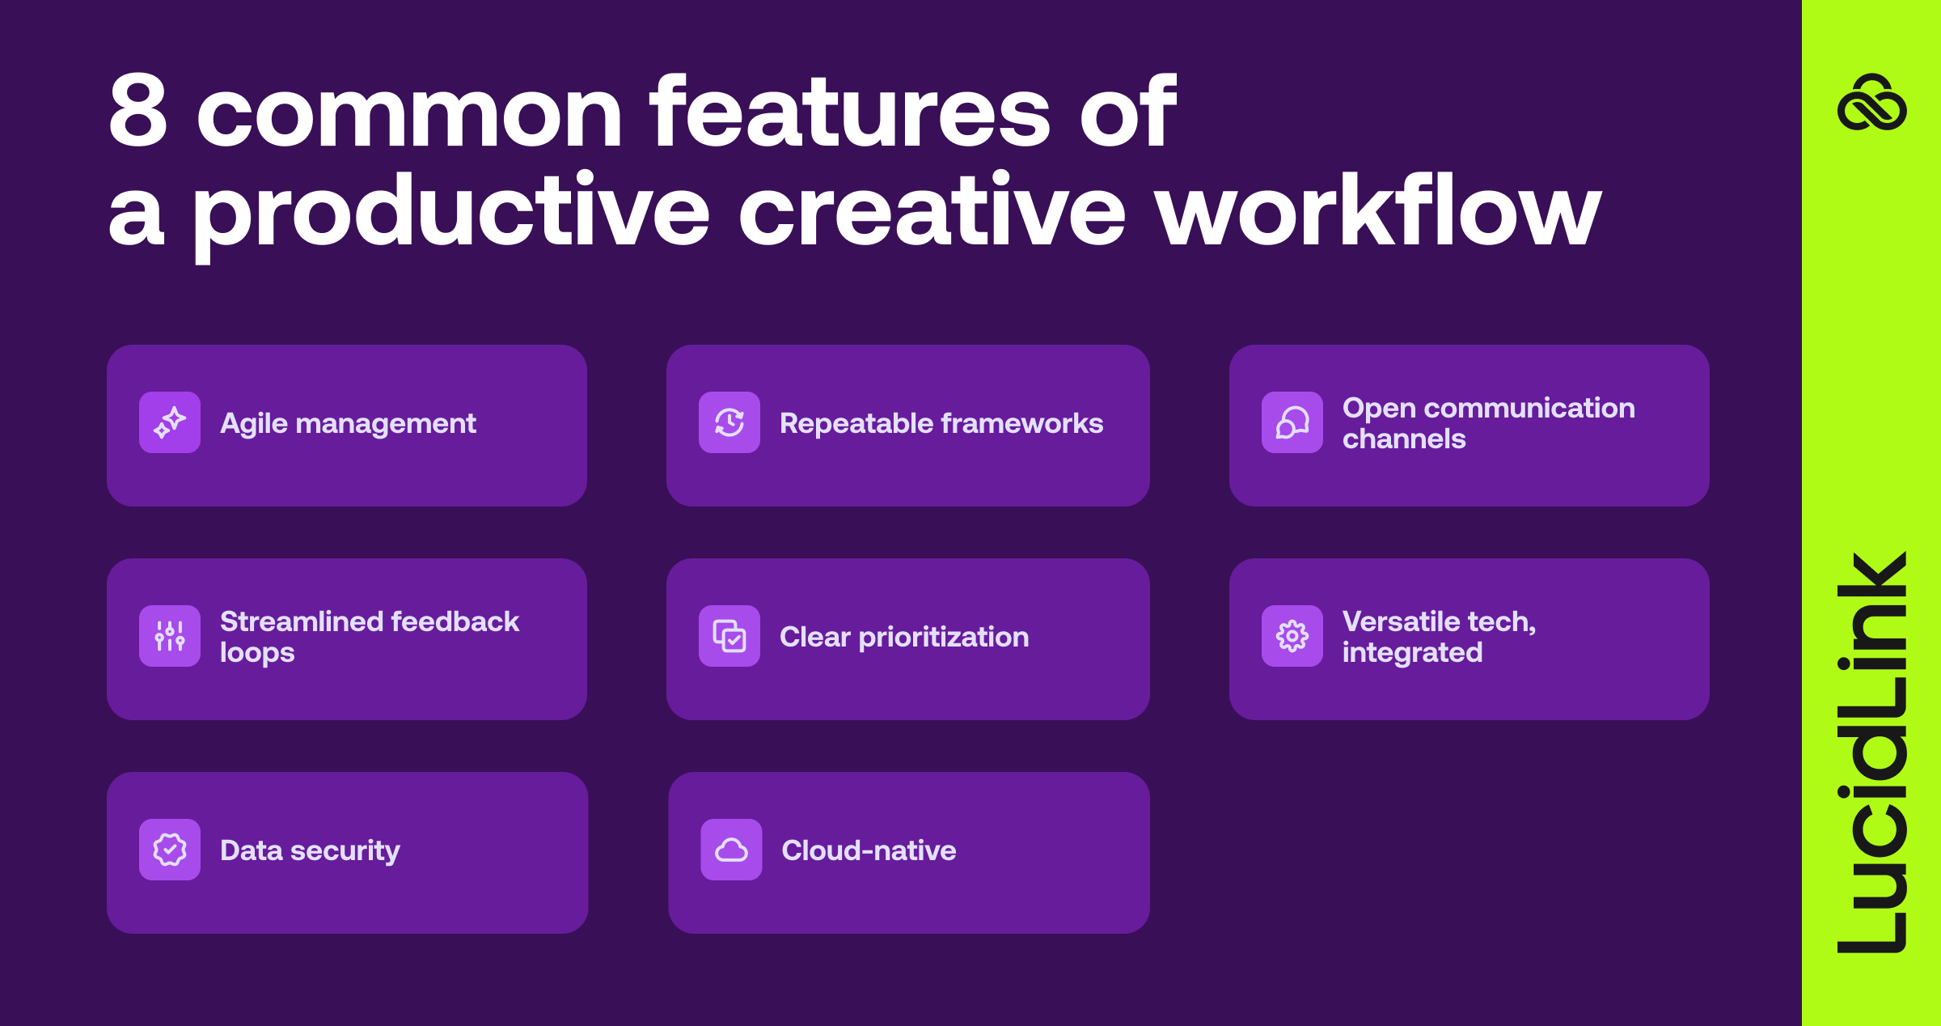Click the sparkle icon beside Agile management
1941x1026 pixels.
click(x=170, y=422)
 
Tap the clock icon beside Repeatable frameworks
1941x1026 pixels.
click(x=729, y=422)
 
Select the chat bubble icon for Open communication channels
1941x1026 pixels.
click(x=1292, y=422)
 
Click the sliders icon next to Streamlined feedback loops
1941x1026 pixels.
click(x=170, y=636)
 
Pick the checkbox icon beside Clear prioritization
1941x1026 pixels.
click(x=729, y=636)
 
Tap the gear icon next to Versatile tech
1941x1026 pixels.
click(x=1292, y=636)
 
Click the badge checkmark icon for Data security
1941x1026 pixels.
click(x=170, y=850)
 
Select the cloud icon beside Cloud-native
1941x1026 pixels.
click(x=731, y=850)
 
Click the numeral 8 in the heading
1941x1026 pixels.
click(x=138, y=111)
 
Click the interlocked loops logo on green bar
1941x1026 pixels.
click(x=1872, y=103)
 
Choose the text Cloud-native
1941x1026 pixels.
click(x=869, y=850)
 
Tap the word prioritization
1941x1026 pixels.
click(x=944, y=638)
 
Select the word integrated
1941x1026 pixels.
click(x=1412, y=653)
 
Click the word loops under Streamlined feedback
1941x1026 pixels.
click(x=257, y=653)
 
